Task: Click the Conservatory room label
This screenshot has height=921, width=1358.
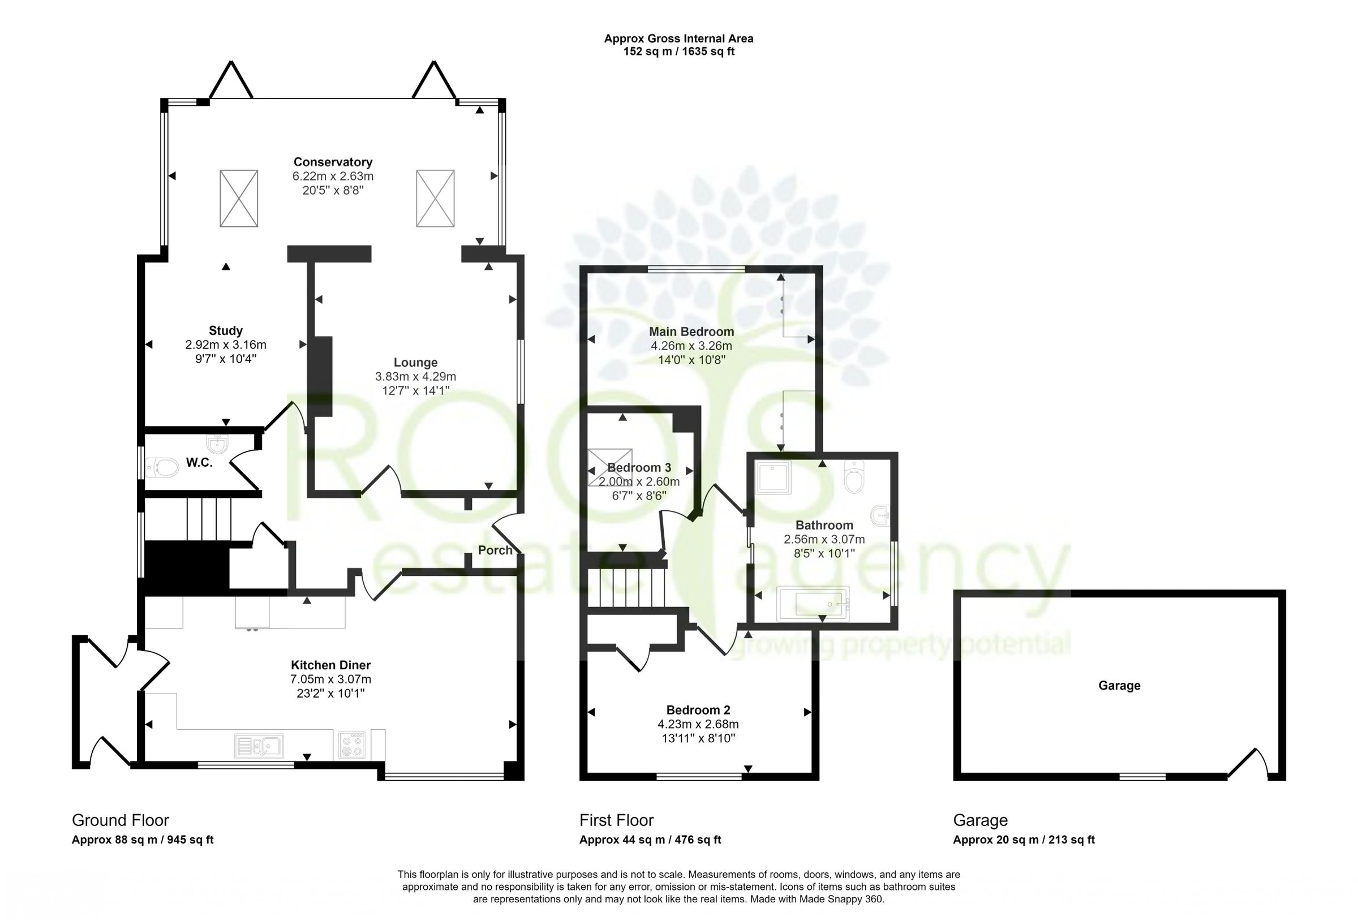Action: [333, 162]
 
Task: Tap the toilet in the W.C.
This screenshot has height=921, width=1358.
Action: [162, 467]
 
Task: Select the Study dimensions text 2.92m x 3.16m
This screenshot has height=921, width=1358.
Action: [226, 345]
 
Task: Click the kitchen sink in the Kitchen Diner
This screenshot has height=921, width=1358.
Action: [259, 746]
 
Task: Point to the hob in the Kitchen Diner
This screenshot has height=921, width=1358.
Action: [353, 746]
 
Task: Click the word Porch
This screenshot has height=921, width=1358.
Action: [495, 550]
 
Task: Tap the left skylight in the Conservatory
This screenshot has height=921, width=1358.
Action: [238, 198]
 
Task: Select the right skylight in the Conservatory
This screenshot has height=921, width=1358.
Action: [435, 198]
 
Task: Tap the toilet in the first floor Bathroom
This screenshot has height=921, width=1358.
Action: [854, 477]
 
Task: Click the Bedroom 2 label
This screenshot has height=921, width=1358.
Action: [698, 710]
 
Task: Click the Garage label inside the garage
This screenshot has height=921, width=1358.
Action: [1119, 686]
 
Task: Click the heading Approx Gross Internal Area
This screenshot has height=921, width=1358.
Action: [678, 38]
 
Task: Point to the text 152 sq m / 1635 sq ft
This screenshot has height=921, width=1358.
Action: [678, 52]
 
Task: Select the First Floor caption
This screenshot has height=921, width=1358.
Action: [616, 820]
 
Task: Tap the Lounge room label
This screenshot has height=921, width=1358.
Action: [415, 362]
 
